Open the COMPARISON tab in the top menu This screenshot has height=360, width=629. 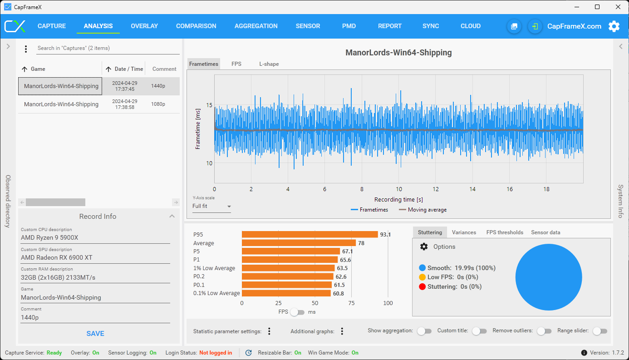196,26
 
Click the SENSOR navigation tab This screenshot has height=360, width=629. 308,26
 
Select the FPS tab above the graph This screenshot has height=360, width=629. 236,64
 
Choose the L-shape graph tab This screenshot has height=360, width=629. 269,64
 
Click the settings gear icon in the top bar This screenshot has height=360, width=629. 614,26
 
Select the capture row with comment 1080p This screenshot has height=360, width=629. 99,104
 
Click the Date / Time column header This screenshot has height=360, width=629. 128,69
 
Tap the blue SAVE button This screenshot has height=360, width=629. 95,333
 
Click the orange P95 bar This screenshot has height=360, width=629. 310,234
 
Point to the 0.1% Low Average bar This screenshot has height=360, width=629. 286,293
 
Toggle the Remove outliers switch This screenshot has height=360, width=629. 544,331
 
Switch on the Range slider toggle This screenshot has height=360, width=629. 600,331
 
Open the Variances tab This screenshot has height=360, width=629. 464,232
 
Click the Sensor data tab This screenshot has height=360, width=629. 545,232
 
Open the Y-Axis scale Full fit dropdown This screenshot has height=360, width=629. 211,207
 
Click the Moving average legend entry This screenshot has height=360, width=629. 423,210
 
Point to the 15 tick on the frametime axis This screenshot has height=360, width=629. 210,105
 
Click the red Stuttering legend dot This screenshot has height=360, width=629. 422,287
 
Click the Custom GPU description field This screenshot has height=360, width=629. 95,257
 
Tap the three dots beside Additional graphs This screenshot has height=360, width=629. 342,331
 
